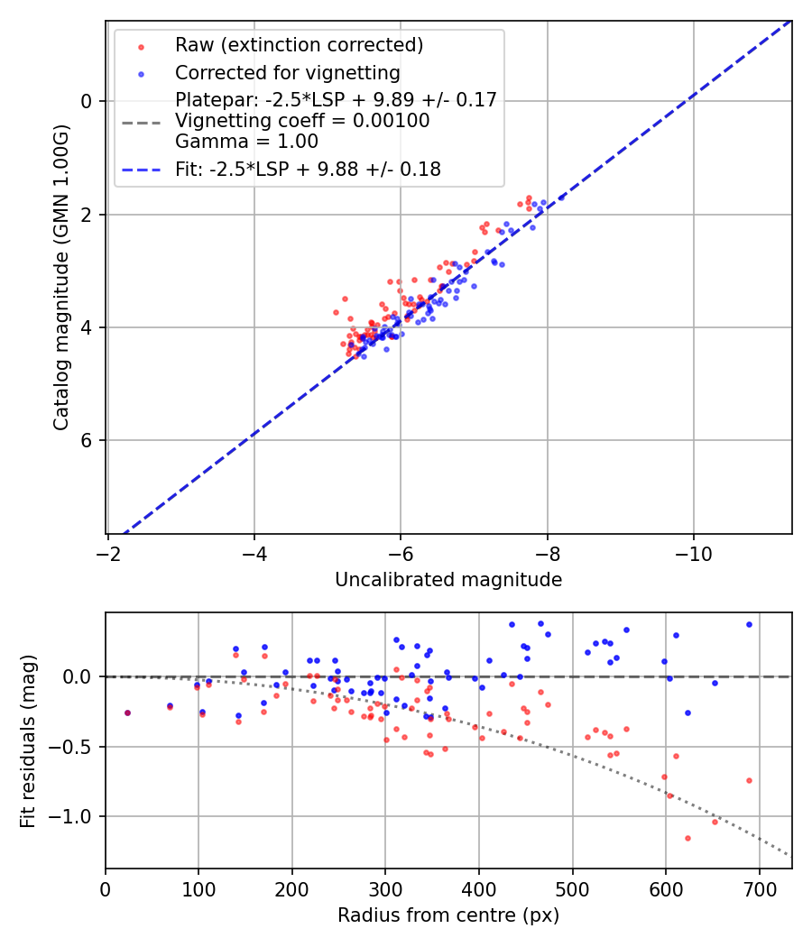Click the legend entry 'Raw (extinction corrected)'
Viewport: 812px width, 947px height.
(299, 45)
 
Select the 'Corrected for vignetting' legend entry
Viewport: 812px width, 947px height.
(287, 72)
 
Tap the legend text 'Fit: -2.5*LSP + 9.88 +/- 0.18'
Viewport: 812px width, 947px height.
(308, 170)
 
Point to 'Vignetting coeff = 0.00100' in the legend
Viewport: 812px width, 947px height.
(302, 121)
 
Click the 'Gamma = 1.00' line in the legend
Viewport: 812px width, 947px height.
(246, 142)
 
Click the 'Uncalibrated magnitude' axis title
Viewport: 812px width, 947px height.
(448, 580)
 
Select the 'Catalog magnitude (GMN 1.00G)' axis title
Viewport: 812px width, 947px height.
(60, 277)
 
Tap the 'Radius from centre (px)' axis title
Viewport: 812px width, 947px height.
(448, 915)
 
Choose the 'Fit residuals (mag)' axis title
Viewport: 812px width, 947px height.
(28, 741)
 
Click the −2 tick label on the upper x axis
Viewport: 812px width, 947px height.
(107, 551)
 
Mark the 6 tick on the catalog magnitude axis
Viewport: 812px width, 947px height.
(88, 440)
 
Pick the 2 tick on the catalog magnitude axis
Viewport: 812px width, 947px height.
(88, 214)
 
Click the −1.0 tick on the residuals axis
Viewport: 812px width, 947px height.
(73, 816)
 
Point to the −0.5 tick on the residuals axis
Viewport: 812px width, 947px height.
(73, 747)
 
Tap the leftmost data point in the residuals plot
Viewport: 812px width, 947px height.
(127, 713)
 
